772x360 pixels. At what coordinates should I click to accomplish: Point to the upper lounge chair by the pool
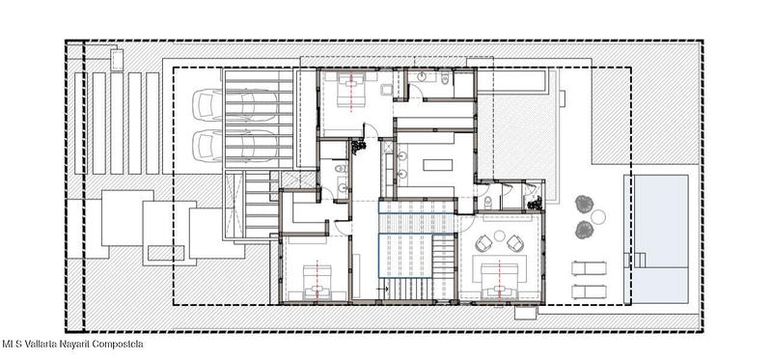(589, 268)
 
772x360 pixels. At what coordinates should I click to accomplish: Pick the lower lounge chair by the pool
(589, 291)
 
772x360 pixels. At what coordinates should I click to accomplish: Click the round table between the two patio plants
(598, 217)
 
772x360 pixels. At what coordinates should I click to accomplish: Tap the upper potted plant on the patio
(584, 204)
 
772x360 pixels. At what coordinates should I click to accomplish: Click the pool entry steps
(639, 260)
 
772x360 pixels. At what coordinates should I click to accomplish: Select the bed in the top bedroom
(350, 90)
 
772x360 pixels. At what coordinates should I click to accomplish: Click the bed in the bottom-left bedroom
(317, 282)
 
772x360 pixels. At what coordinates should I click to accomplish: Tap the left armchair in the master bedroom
(483, 243)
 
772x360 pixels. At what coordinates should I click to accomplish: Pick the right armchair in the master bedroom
(515, 243)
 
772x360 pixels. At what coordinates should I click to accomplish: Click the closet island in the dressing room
(438, 164)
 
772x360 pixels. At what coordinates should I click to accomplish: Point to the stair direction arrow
(383, 290)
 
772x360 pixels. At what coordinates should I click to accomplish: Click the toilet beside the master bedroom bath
(487, 201)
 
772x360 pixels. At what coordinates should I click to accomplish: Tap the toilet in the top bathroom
(444, 77)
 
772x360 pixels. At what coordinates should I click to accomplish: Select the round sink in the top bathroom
(422, 77)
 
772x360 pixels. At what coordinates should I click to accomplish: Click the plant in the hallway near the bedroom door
(358, 146)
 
